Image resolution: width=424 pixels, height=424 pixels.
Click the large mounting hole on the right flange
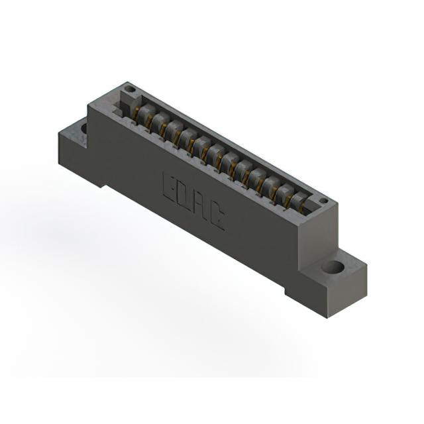333,268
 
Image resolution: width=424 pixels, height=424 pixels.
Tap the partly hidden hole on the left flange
84,129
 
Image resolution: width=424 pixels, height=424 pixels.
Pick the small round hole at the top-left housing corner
131,89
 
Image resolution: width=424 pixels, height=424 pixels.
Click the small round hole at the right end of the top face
323,201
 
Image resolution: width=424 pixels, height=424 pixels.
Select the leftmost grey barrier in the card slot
146,113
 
